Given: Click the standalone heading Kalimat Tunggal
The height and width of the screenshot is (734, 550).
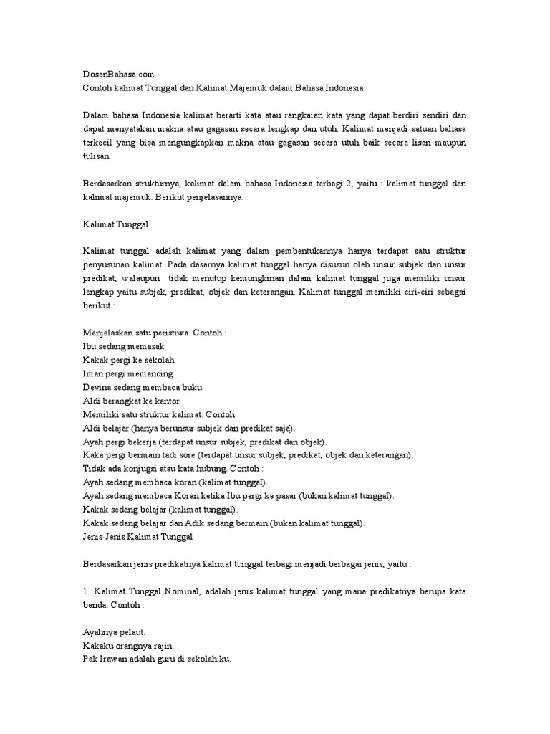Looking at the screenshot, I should pyautogui.click(x=115, y=224).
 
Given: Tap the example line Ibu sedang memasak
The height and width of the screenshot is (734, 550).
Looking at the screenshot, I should pyautogui.click(x=124, y=346).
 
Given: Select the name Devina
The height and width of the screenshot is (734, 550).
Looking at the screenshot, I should pyautogui.click(x=97, y=387).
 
